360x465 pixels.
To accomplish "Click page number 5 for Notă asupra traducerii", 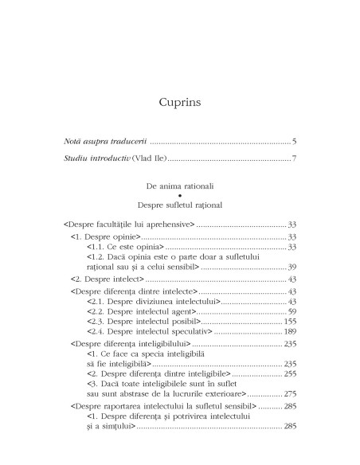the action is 294,142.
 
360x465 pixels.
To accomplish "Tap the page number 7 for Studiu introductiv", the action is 294,159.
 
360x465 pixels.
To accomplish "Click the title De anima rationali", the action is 179,185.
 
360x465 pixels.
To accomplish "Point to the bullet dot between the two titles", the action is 180,195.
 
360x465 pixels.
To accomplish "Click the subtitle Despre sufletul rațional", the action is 179,205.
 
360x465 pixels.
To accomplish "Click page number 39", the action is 292,267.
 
